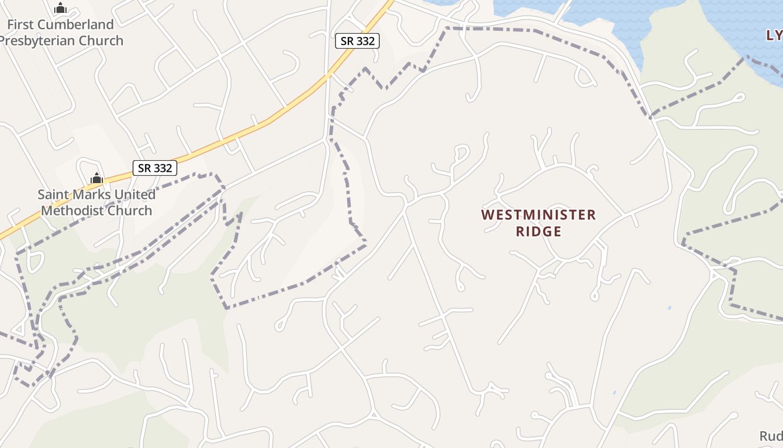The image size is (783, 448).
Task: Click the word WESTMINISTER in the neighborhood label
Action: point(538,215)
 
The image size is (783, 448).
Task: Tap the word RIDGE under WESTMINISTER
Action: point(538,231)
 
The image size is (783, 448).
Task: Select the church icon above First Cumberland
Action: point(60,8)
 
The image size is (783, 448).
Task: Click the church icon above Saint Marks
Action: point(97,179)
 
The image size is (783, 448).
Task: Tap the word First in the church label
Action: point(19,25)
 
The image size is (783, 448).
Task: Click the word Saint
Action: point(54,195)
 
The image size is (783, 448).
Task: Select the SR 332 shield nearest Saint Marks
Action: point(155,167)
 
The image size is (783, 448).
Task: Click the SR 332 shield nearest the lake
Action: point(357,41)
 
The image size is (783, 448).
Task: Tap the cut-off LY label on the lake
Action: point(773,35)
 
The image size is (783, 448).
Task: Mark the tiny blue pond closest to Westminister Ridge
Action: point(669,308)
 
